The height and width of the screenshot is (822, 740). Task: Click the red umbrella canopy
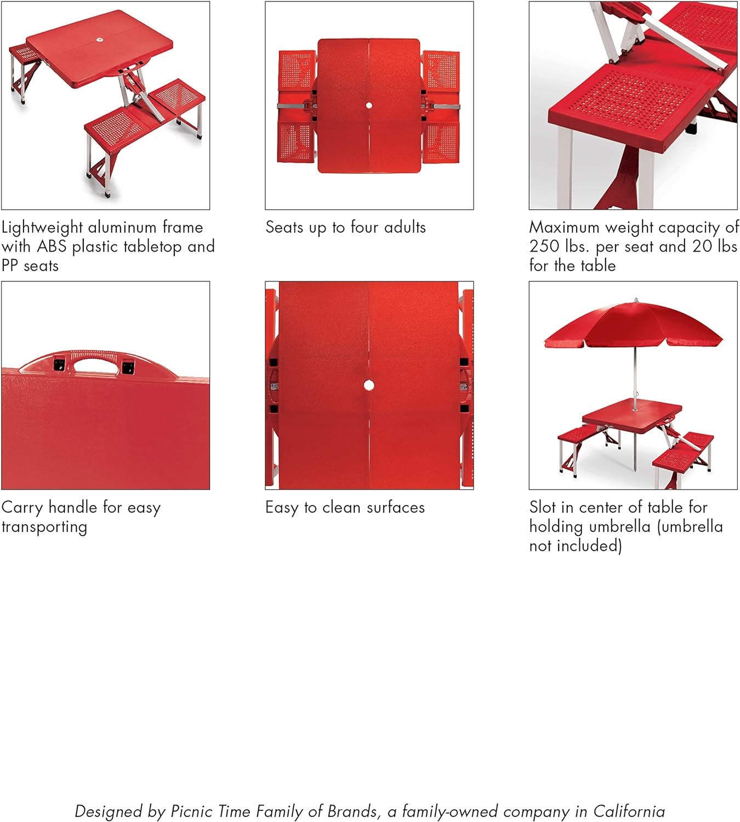[x=634, y=324]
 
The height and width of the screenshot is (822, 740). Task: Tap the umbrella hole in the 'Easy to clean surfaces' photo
[x=368, y=385]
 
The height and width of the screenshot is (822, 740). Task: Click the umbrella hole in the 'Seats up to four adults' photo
[x=368, y=105]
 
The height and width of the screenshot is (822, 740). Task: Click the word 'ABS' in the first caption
[x=52, y=246]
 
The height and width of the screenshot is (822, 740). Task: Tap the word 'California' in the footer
[x=629, y=811]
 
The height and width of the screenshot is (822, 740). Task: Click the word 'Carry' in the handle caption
[x=22, y=508]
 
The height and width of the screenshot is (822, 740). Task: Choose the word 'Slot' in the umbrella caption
[x=543, y=507]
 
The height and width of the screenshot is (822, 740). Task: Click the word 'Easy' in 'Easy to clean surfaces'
[x=282, y=508]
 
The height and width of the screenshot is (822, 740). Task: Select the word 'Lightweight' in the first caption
[x=42, y=228]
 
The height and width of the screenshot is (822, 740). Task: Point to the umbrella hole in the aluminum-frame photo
[x=100, y=40]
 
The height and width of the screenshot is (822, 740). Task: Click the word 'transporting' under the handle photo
[x=44, y=527]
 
